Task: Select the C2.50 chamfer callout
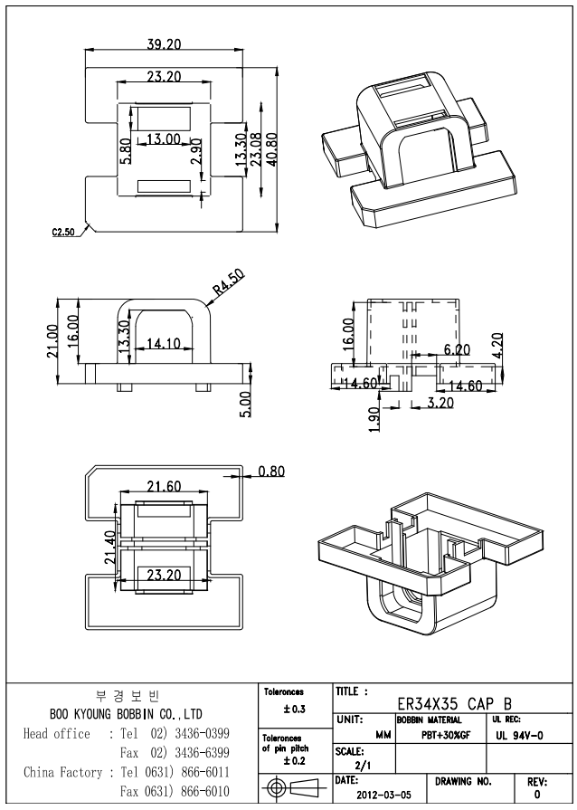click(62, 233)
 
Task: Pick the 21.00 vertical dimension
click(52, 341)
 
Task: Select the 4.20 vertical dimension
click(508, 344)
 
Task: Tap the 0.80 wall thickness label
click(271, 472)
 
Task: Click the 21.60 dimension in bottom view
click(164, 488)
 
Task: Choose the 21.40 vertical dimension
click(110, 547)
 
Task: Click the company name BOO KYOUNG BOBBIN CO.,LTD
click(126, 715)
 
